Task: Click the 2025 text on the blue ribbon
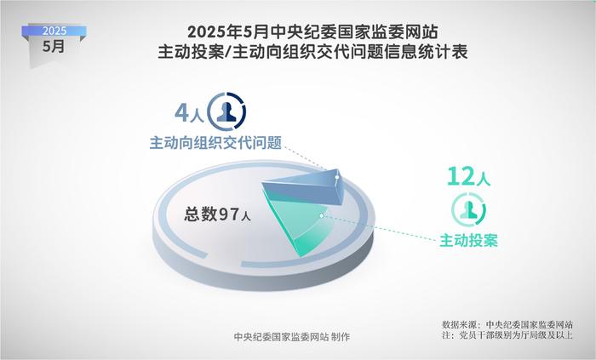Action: click(x=54, y=31)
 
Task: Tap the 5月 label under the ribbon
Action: click(x=54, y=46)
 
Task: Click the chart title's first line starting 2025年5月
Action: click(x=312, y=31)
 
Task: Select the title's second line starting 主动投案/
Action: click(x=312, y=52)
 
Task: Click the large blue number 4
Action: click(x=181, y=113)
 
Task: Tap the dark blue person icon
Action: click(x=227, y=112)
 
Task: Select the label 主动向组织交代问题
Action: click(x=215, y=143)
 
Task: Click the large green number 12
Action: click(x=461, y=176)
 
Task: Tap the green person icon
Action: click(x=468, y=210)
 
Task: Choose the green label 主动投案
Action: click(x=468, y=240)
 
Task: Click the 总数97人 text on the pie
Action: click(x=217, y=214)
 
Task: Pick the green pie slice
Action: click(x=301, y=224)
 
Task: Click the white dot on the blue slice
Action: click(x=337, y=177)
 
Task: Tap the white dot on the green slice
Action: click(x=322, y=215)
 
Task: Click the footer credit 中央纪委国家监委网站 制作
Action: click(x=292, y=336)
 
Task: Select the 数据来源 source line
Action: click(x=507, y=325)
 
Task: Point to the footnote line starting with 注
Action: click(x=507, y=335)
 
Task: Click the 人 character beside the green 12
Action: click(x=484, y=179)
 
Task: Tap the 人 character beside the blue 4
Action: click(x=197, y=116)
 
